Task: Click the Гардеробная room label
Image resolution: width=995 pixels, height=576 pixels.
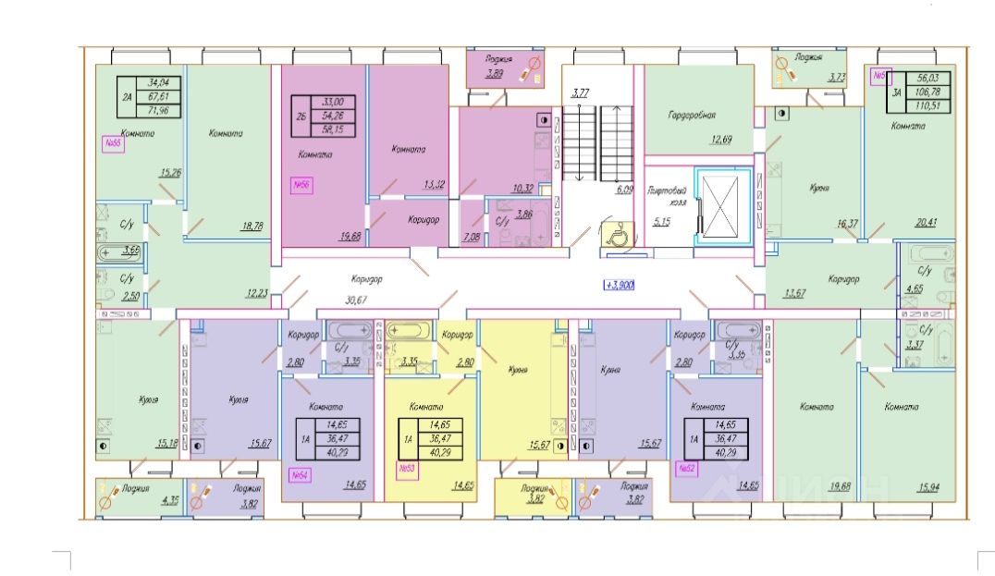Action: pos(692,116)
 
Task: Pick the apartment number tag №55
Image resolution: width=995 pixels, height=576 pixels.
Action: pos(113,143)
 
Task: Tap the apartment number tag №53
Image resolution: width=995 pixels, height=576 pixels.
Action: pos(405,469)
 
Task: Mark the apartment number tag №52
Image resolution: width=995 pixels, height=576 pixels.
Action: pos(686,469)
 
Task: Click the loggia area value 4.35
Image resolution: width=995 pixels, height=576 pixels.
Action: pos(170,501)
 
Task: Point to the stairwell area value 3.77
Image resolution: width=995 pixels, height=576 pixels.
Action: pos(581,92)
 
